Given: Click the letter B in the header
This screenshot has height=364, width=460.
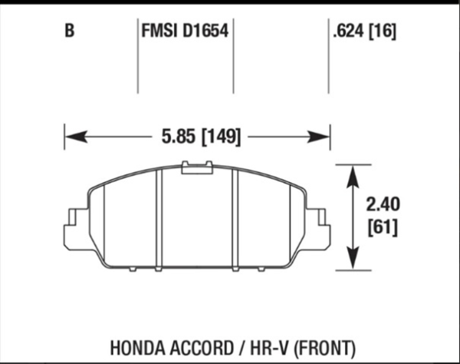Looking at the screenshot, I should (x=70, y=33).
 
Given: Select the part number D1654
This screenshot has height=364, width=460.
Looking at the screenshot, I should (x=206, y=33).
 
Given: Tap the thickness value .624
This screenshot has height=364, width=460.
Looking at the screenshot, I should (x=347, y=33).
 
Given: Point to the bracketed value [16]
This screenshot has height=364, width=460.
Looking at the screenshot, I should (x=384, y=33).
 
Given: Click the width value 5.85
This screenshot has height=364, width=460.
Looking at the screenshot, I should (x=177, y=137).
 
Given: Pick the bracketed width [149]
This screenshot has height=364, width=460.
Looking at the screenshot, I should (x=221, y=137).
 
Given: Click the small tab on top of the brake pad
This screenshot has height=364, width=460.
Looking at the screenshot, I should (x=197, y=167).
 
